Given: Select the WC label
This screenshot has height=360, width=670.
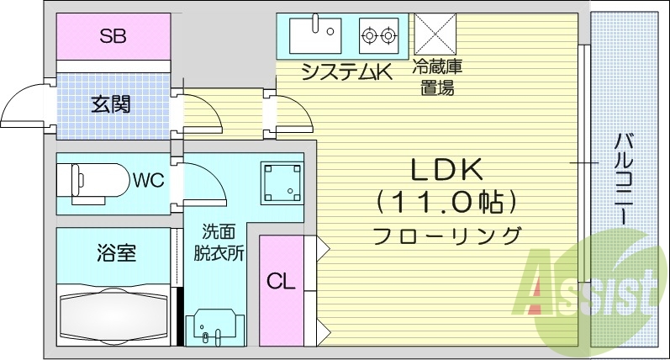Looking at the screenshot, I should tap(147, 179).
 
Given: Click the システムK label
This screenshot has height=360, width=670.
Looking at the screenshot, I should tap(347, 73).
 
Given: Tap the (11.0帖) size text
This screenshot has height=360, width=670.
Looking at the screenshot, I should tap(446, 202).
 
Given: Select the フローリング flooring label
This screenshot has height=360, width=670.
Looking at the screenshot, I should tap(446, 235).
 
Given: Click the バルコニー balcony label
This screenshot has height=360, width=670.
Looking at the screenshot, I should tap(624, 177).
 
